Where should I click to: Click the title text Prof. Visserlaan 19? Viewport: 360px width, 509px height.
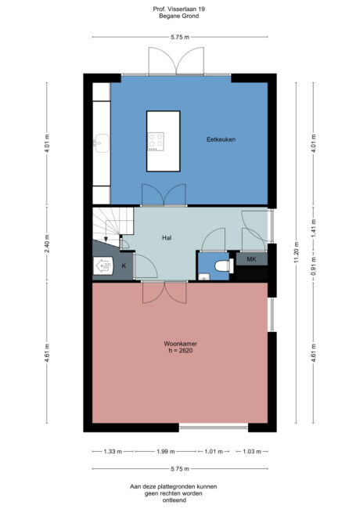(x=180, y=9)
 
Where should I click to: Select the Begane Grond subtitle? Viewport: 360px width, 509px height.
(x=180, y=16)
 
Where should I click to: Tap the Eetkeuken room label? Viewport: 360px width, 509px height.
(x=221, y=139)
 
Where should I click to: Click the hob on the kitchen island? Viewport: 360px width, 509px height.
(x=157, y=141)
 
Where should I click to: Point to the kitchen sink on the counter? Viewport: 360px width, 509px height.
(x=100, y=143)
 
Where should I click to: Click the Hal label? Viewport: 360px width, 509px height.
(x=167, y=236)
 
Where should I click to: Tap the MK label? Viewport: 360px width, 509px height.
(x=251, y=258)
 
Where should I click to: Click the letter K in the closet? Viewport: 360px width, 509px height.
(x=123, y=267)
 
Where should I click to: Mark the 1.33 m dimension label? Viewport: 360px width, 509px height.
(x=112, y=451)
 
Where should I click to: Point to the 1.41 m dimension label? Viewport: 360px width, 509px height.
(x=313, y=230)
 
